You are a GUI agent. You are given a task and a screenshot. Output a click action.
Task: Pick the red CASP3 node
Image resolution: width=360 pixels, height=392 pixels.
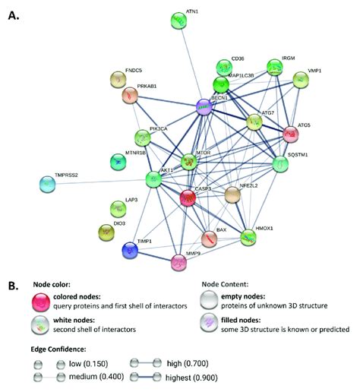click(189, 198)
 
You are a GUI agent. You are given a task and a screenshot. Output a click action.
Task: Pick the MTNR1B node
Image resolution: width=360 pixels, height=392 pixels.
click(119, 162)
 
